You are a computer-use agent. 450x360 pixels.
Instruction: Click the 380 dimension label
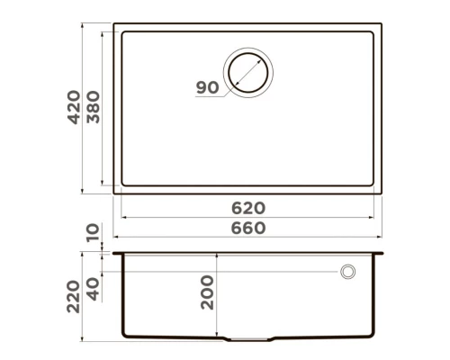[94, 109]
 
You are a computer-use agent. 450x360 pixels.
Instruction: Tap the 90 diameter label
[207, 87]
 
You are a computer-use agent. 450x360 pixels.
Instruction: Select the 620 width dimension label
[247, 208]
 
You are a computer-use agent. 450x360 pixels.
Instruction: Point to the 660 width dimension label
[247, 229]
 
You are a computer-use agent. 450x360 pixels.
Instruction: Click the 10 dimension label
[94, 234]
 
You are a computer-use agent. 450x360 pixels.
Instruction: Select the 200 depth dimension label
[208, 293]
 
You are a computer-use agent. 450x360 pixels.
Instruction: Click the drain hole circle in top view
[249, 70]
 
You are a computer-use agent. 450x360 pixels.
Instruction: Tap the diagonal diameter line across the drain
[249, 71]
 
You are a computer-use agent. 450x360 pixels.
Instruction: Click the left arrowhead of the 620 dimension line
[123, 217]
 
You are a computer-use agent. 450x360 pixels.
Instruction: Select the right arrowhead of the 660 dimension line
[382, 239]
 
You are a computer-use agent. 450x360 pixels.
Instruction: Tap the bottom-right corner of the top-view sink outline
[382, 193]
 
